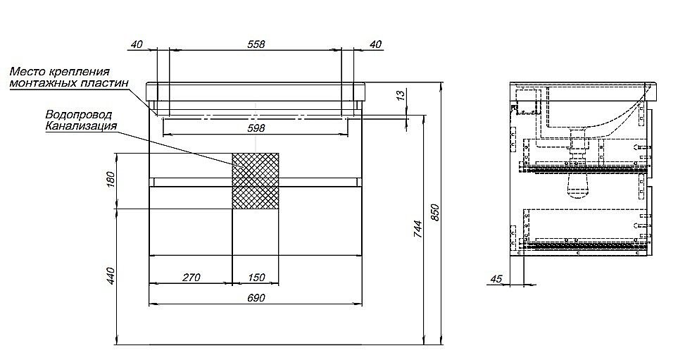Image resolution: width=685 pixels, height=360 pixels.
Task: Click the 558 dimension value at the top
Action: pyautogui.click(x=256, y=44)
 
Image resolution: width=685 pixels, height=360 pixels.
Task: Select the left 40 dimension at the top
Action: pyautogui.click(x=137, y=44)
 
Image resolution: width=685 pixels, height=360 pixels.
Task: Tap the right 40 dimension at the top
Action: pyautogui.click(x=375, y=44)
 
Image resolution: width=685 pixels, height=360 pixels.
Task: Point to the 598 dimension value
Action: pyautogui.click(x=256, y=128)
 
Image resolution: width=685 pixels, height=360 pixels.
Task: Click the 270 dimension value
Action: pyautogui.click(x=191, y=278)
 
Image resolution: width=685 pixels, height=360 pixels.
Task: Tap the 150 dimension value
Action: pyautogui.click(x=256, y=278)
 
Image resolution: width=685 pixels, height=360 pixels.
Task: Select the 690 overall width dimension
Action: pyautogui.click(x=256, y=298)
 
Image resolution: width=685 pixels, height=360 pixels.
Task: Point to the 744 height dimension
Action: pyautogui.click(x=417, y=229)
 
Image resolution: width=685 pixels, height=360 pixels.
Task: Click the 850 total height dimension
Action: pyautogui.click(x=435, y=212)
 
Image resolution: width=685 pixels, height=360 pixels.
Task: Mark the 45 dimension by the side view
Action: pyautogui.click(x=496, y=279)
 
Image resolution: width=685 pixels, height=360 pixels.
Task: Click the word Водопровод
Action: pyautogui.click(x=79, y=115)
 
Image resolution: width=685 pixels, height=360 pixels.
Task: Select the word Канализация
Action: pyautogui.click(x=81, y=126)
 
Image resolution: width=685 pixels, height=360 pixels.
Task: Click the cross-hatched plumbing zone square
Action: pyautogui.click(x=256, y=180)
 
